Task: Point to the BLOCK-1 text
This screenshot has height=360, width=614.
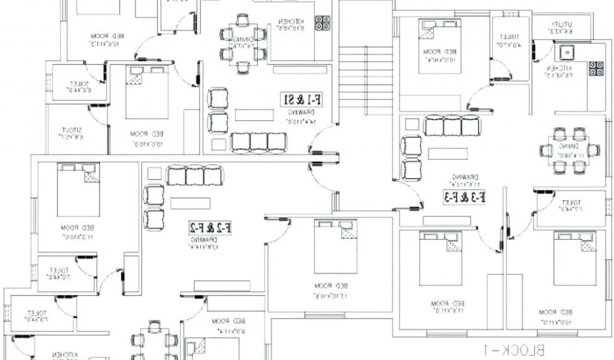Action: [514, 349]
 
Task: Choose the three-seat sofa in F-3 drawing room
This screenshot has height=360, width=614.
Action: [453, 127]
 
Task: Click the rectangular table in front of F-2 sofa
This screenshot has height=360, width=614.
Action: [190, 203]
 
